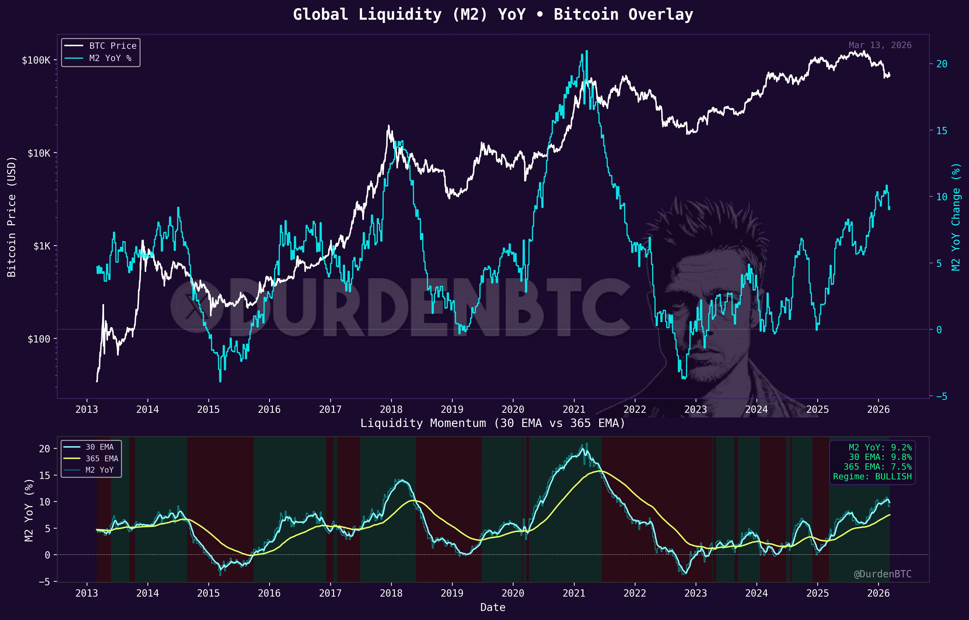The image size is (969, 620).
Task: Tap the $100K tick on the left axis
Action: pos(36,60)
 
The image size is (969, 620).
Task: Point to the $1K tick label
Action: pos(42,246)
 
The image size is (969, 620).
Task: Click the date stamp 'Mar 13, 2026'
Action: pos(880,45)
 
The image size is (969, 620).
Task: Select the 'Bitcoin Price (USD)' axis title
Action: pos(12,216)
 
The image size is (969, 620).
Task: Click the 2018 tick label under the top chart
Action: pos(391,410)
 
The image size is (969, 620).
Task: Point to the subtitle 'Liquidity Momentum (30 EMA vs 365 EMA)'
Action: pos(492,423)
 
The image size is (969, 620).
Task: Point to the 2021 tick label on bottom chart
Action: pos(574,593)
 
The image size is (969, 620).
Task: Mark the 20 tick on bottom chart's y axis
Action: pos(44,449)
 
